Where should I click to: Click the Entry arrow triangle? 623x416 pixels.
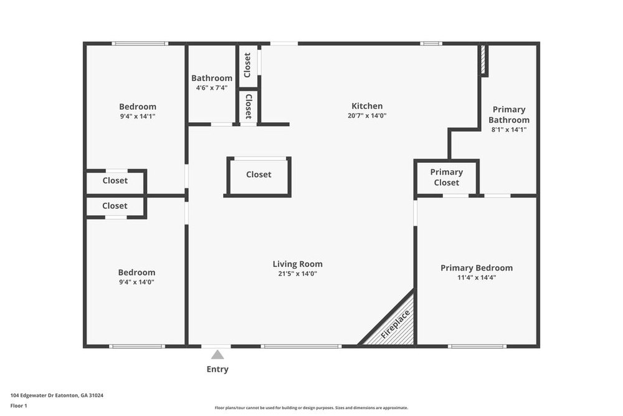[x=217, y=355]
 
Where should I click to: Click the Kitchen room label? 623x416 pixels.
[x=367, y=106]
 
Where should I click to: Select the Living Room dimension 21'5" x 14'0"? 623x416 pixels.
[x=298, y=274]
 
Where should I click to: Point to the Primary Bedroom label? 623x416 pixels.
[x=477, y=268]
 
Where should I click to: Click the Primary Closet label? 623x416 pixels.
[x=447, y=177]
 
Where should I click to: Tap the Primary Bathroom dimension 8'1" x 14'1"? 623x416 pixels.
[x=509, y=129]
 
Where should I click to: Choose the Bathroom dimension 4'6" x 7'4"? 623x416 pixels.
[x=212, y=87]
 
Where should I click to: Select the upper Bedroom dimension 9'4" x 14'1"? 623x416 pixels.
[x=138, y=116]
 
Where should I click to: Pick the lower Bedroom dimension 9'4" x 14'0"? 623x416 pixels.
[x=136, y=282]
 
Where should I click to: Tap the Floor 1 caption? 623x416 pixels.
[x=19, y=405]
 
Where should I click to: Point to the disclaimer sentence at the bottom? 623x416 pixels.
[x=311, y=408]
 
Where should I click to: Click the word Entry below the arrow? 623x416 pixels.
[x=217, y=369]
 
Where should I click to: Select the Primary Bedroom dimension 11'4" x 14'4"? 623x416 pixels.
[x=477, y=278]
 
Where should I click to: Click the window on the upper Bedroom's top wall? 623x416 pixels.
[x=140, y=44]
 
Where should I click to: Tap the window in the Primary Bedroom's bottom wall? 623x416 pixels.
[x=477, y=346]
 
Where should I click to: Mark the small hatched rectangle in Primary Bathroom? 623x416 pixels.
[x=483, y=60]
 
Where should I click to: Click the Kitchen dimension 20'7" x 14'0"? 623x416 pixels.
[x=367, y=116]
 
